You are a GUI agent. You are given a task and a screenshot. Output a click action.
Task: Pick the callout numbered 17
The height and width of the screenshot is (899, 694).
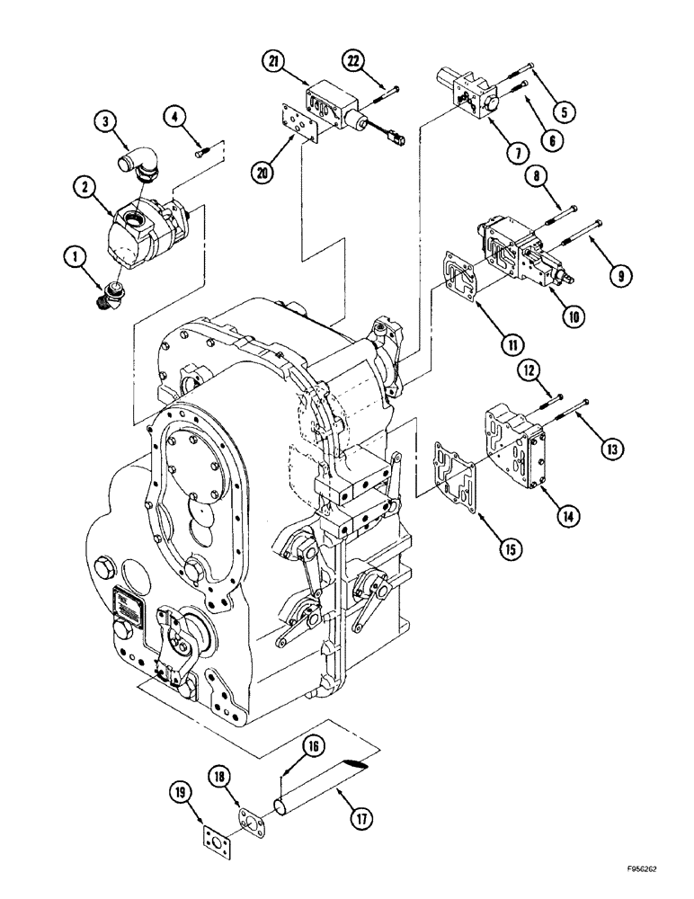(x=363, y=819)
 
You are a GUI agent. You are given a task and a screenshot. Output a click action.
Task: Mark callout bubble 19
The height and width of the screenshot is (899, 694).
(x=180, y=791)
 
